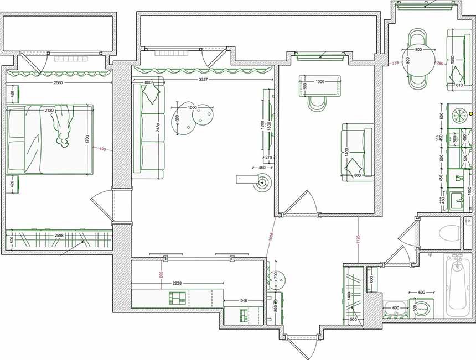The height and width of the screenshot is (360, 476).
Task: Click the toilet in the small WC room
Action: tap(449, 233)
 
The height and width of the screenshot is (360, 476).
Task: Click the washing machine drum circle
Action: tap(422, 309)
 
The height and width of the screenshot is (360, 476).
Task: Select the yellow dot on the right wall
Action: tap(471, 113)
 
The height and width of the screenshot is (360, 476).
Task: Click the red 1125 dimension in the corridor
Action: tap(358, 239)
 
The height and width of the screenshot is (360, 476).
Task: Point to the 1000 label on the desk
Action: tap(320, 82)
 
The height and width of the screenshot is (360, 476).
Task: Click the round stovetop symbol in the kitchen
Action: tap(459, 115)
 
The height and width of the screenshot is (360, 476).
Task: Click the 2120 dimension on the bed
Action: tap(49, 111)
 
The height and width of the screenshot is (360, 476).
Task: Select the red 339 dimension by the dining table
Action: tap(395, 64)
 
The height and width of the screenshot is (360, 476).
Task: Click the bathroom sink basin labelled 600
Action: tap(395, 314)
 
